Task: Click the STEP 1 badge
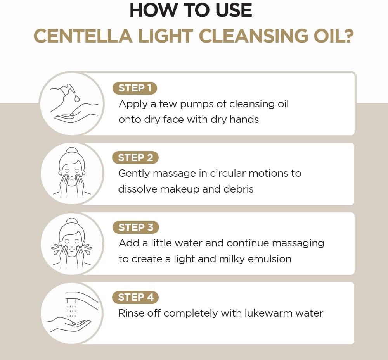135,88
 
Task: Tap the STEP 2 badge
135,158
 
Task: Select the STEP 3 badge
135,227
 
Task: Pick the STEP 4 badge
135,297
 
